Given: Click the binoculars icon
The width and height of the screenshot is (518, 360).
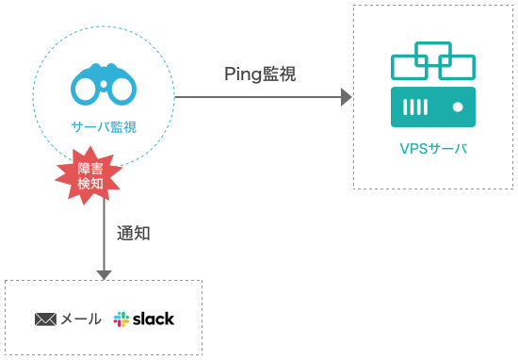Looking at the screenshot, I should point(104,84).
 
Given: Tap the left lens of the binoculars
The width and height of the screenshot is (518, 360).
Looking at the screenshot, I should point(88,91).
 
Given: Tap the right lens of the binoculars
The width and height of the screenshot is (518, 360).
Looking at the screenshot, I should point(121,91).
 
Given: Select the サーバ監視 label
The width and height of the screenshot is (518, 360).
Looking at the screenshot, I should point(104,126).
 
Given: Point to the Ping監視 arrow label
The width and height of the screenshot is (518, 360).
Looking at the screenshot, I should point(259,74).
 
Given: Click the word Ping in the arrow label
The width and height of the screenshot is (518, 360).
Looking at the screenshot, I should point(240,74).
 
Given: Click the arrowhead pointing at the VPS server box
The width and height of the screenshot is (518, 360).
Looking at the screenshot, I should point(346,97).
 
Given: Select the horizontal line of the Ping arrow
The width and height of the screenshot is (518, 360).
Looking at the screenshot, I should point(254,97).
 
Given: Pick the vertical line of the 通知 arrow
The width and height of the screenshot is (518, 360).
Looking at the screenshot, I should point(104,236).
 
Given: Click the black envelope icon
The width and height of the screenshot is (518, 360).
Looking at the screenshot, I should point(46,319).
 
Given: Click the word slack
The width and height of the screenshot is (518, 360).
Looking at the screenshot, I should point(153,319).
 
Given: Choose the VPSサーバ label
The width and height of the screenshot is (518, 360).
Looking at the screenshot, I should point(432,149).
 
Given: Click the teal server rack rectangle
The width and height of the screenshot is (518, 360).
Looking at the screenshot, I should point(433,107).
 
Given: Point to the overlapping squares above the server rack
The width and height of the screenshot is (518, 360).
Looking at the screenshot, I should point(433,61).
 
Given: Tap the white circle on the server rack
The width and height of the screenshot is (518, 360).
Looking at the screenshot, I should point(457,107).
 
